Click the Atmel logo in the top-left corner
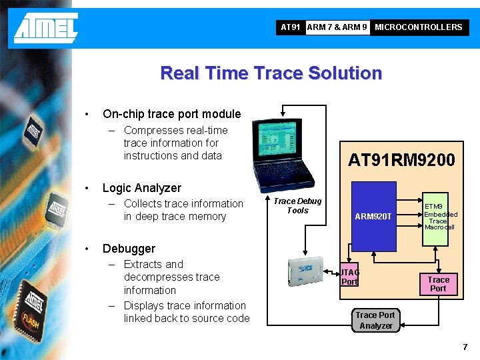tap(45, 28)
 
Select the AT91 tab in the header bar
tap(290, 27)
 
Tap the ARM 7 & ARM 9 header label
tap(337, 27)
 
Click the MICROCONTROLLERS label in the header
tap(418, 27)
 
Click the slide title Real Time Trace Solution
tap(271, 73)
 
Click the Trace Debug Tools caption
tap(297, 205)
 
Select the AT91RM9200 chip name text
tap(401, 160)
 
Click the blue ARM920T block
tap(374, 217)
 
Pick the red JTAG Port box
tap(350, 277)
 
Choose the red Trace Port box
tap(438, 284)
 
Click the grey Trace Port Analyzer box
tap(375, 320)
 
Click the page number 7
tap(465, 347)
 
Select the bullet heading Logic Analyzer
tap(141, 188)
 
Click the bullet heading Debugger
tap(129, 249)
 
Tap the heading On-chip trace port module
tap(171, 114)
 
